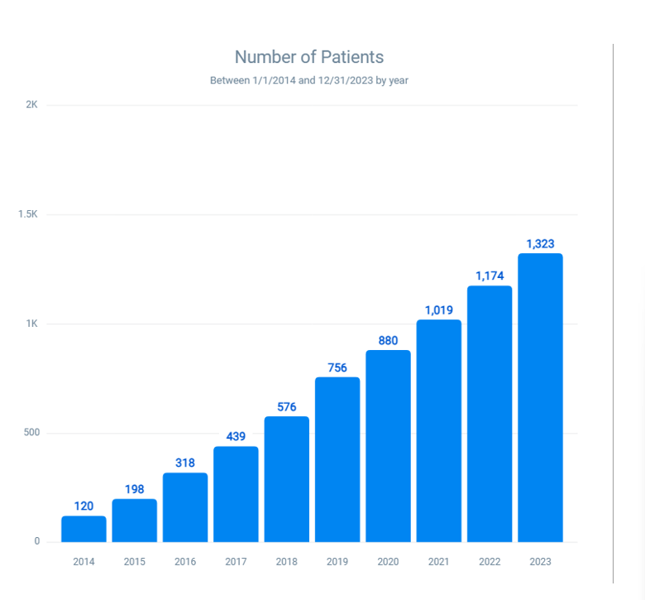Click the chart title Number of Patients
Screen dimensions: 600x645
click(x=309, y=57)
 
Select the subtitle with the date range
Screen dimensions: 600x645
click(x=309, y=80)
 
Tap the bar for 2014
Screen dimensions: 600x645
click(x=84, y=529)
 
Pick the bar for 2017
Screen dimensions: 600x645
click(x=236, y=494)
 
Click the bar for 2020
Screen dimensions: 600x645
click(x=388, y=446)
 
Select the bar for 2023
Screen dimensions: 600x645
click(x=540, y=397)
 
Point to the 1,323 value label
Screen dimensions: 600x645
click(x=540, y=244)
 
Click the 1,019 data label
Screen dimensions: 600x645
click(x=439, y=310)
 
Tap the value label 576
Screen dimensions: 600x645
click(x=287, y=406)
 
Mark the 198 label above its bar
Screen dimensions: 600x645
click(x=135, y=489)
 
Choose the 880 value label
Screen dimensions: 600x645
click(x=388, y=341)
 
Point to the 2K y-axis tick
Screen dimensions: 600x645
click(x=32, y=105)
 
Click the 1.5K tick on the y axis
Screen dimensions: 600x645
click(x=29, y=214)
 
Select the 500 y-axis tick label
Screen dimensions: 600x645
click(x=31, y=433)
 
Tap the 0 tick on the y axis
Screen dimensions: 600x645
click(x=36, y=542)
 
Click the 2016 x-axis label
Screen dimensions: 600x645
click(x=185, y=562)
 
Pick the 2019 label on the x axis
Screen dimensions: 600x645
click(x=337, y=562)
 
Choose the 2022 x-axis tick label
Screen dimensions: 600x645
click(x=490, y=562)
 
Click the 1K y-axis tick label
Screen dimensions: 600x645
click(x=32, y=324)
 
